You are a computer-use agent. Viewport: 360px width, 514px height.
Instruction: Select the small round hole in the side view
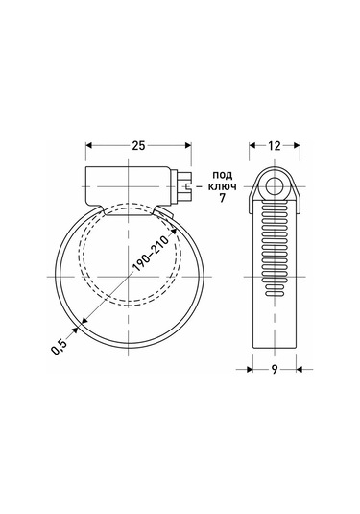point(275,186)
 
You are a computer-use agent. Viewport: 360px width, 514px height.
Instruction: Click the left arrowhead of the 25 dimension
point(90,147)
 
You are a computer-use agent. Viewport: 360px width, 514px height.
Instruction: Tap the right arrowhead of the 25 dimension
point(188,147)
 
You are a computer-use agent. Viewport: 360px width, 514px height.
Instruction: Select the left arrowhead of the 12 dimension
point(254,147)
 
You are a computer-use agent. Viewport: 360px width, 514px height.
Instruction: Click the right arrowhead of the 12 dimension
point(295,147)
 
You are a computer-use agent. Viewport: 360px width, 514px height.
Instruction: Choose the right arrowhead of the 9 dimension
point(295,366)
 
